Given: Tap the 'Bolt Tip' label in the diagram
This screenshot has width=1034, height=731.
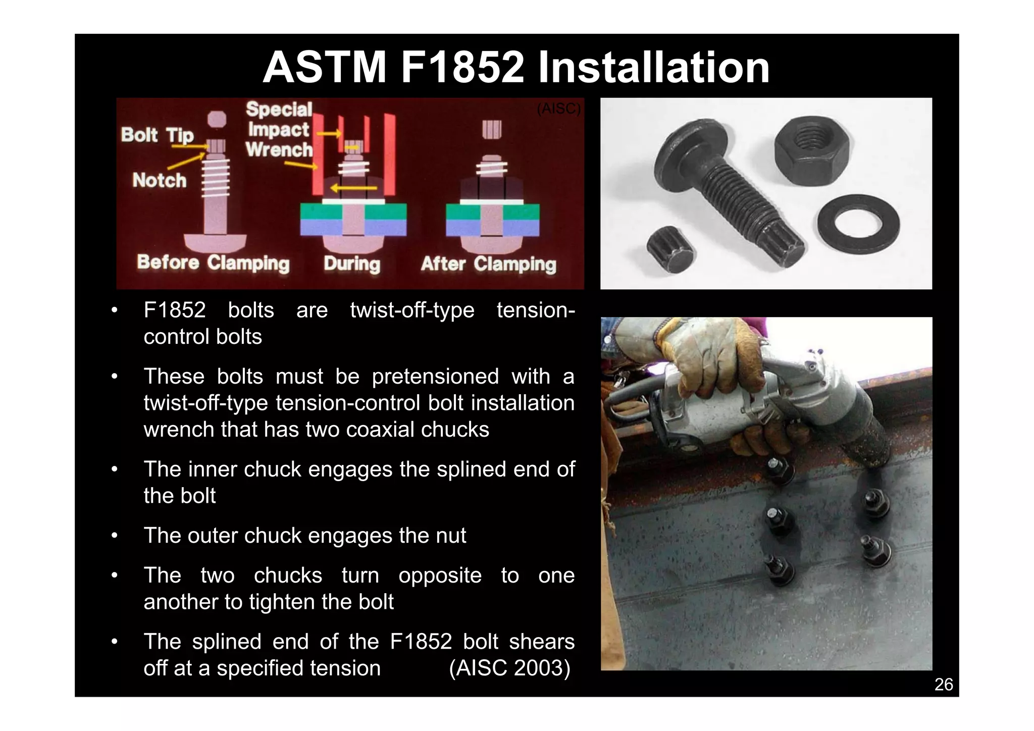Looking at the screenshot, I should click(x=157, y=135).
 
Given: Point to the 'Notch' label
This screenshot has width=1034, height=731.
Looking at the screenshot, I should click(x=159, y=180).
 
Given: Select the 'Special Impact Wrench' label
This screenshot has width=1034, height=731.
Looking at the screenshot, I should click(x=279, y=130).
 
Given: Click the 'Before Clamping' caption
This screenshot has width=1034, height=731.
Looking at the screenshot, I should click(x=213, y=263).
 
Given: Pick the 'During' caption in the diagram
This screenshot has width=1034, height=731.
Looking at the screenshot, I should click(x=352, y=264).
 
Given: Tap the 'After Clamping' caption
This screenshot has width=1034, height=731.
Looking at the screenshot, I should click(x=488, y=264).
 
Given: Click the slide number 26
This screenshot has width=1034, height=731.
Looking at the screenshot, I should click(x=943, y=685).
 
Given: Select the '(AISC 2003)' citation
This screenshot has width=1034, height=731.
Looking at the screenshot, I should click(x=509, y=668).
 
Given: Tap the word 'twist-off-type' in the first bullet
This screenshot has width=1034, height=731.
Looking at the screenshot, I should click(x=412, y=310).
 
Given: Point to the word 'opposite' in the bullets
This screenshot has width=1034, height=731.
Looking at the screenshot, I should click(x=440, y=576).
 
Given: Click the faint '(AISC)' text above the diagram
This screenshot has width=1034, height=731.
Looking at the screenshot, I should click(x=558, y=109).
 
